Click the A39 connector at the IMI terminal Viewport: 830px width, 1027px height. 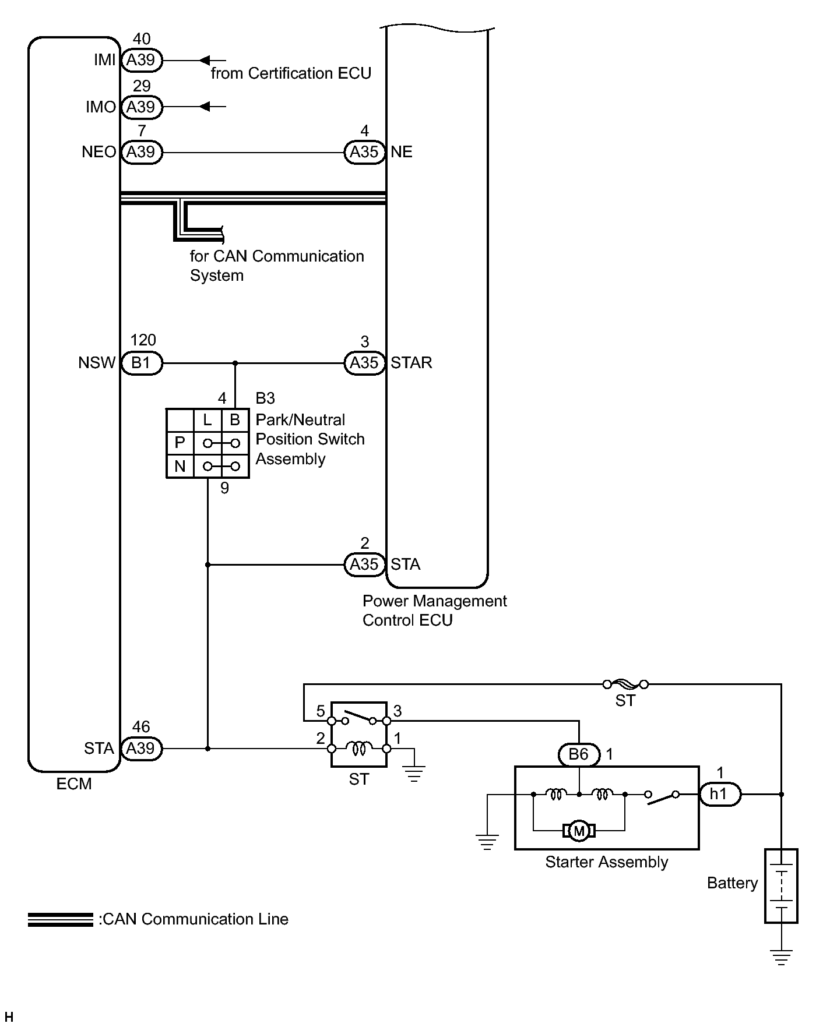(x=141, y=60)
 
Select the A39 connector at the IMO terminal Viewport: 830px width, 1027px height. (x=141, y=107)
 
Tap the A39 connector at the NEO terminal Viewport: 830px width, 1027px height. (x=141, y=152)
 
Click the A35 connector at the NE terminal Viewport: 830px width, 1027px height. (x=364, y=152)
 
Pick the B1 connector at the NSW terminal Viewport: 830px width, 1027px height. (x=141, y=363)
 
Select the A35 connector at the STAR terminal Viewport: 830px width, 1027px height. (x=364, y=363)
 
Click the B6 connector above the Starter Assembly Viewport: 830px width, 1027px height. (x=578, y=754)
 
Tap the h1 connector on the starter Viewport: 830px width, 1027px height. (x=719, y=794)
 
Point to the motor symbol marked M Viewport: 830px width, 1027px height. (x=579, y=831)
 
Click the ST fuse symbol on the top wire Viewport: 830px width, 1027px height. (x=625, y=684)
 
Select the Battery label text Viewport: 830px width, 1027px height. (x=732, y=883)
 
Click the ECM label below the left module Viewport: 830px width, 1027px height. (x=74, y=784)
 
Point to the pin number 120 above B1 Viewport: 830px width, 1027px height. (x=143, y=340)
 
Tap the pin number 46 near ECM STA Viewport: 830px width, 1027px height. (x=141, y=727)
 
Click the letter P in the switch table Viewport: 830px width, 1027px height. (x=180, y=443)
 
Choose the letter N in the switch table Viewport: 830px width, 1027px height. (x=180, y=466)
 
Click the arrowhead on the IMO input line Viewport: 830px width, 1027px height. (x=205, y=107)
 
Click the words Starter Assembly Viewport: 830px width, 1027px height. (x=606, y=862)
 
